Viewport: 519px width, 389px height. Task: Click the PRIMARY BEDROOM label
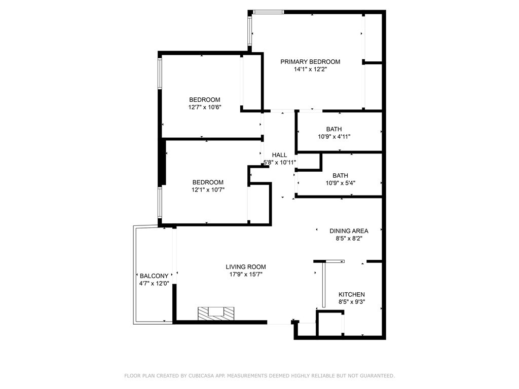310,62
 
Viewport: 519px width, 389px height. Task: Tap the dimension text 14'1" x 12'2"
310,70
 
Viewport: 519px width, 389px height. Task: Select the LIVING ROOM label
246,267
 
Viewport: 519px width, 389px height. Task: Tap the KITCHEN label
352,294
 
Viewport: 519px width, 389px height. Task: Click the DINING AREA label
349,231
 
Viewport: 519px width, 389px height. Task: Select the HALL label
279,155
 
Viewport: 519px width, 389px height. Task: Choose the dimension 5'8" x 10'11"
279,163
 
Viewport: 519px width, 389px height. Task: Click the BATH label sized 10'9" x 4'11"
334,129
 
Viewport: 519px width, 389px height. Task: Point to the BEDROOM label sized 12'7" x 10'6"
205,100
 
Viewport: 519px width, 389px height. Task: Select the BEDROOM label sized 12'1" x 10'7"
208,182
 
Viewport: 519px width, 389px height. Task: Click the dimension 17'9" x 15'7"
246,275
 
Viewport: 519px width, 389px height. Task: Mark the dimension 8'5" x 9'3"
352,302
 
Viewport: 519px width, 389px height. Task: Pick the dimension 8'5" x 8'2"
349,238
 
